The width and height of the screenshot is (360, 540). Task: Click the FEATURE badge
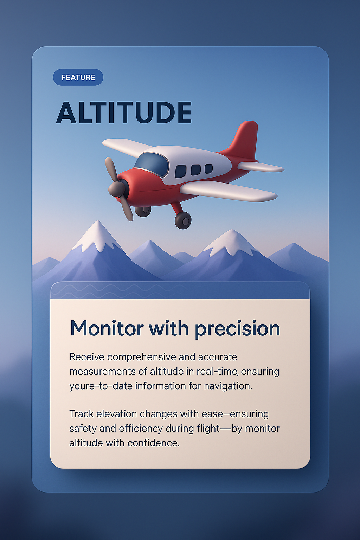78,77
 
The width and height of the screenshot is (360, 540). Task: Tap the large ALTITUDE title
124,113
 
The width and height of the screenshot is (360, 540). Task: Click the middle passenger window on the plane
195,170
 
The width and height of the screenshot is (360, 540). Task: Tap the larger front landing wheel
183,220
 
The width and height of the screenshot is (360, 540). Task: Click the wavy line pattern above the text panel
116,291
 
